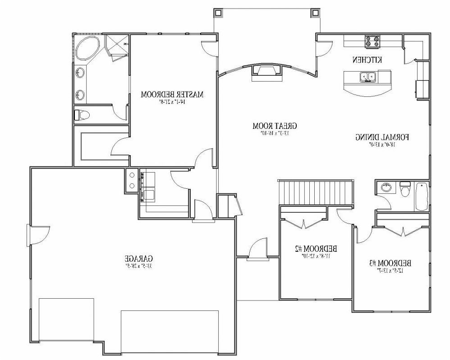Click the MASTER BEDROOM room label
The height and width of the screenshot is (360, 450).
point(172,95)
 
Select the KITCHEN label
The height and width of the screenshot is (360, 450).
point(367,60)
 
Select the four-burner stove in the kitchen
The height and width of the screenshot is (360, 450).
point(372,42)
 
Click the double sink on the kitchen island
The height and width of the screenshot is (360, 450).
point(368,77)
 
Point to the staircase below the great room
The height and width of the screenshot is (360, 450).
point(315,192)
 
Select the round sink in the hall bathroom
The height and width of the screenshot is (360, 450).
point(386,187)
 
